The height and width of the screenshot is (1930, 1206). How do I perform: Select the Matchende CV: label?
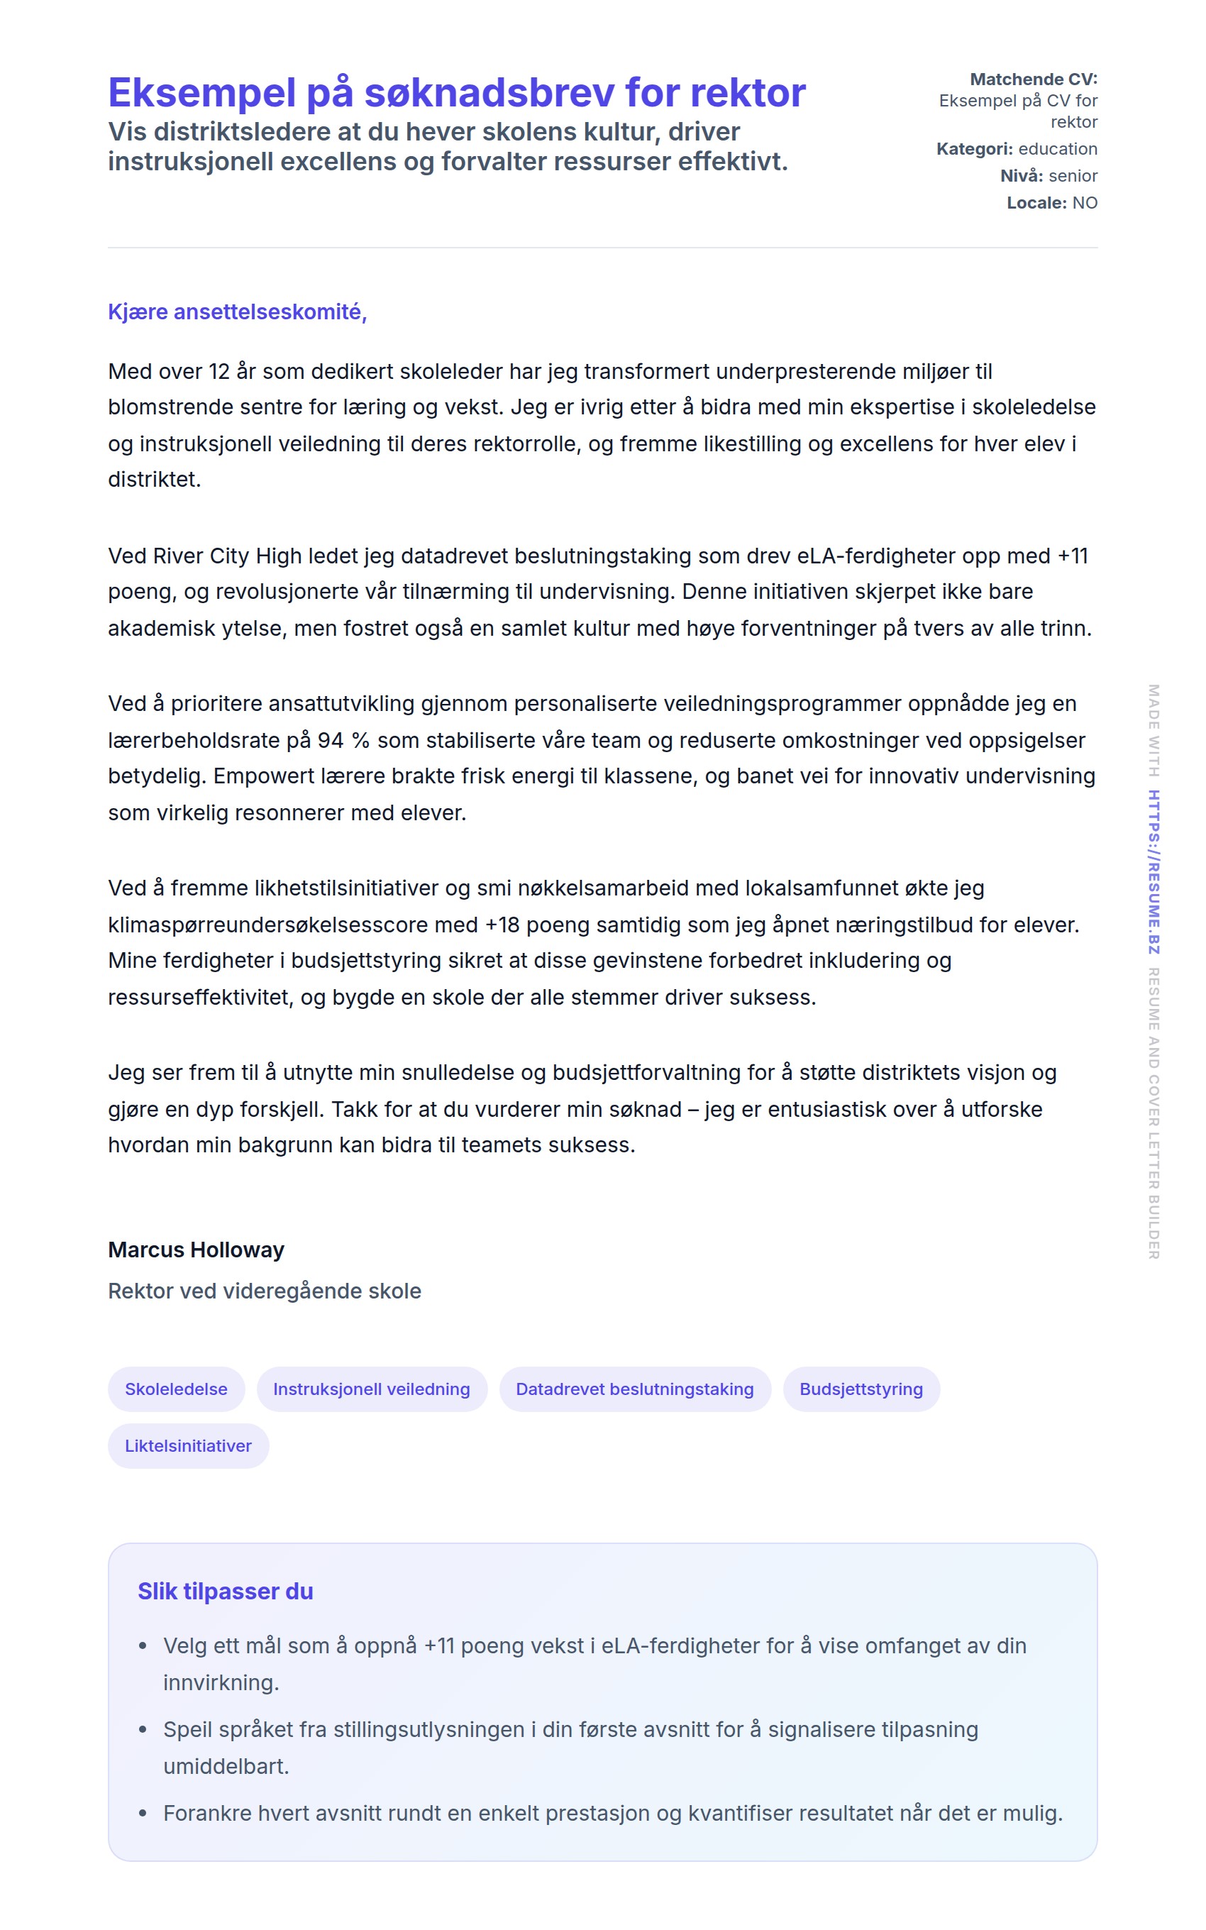pyautogui.click(x=1033, y=79)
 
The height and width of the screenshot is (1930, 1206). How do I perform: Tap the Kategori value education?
pyautogui.click(x=1058, y=148)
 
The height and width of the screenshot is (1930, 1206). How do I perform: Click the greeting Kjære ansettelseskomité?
pyautogui.click(x=237, y=311)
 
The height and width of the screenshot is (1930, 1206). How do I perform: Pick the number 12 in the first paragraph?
pyautogui.click(x=219, y=372)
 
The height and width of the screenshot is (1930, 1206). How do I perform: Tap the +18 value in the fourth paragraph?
pyautogui.click(x=502, y=925)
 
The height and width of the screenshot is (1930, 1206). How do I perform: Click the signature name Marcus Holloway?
pyautogui.click(x=197, y=1250)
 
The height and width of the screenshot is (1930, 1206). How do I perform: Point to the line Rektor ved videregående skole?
pyautogui.click(x=264, y=1291)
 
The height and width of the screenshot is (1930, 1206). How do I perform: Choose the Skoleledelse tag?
pyautogui.click(x=176, y=1389)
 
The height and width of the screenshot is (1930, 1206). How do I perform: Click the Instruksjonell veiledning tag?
pyautogui.click(x=372, y=1389)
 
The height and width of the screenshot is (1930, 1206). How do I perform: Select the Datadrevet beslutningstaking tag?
pyautogui.click(x=634, y=1389)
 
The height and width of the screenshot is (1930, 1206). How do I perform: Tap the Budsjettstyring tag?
pyautogui.click(x=861, y=1389)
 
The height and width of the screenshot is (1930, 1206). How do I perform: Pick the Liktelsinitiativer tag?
pyautogui.click(x=188, y=1446)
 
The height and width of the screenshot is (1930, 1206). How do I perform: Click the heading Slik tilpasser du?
pyautogui.click(x=225, y=1592)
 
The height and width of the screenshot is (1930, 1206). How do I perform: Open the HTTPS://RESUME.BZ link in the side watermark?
pyautogui.click(x=1154, y=871)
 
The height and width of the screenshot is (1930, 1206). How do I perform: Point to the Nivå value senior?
pyautogui.click(x=1073, y=175)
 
